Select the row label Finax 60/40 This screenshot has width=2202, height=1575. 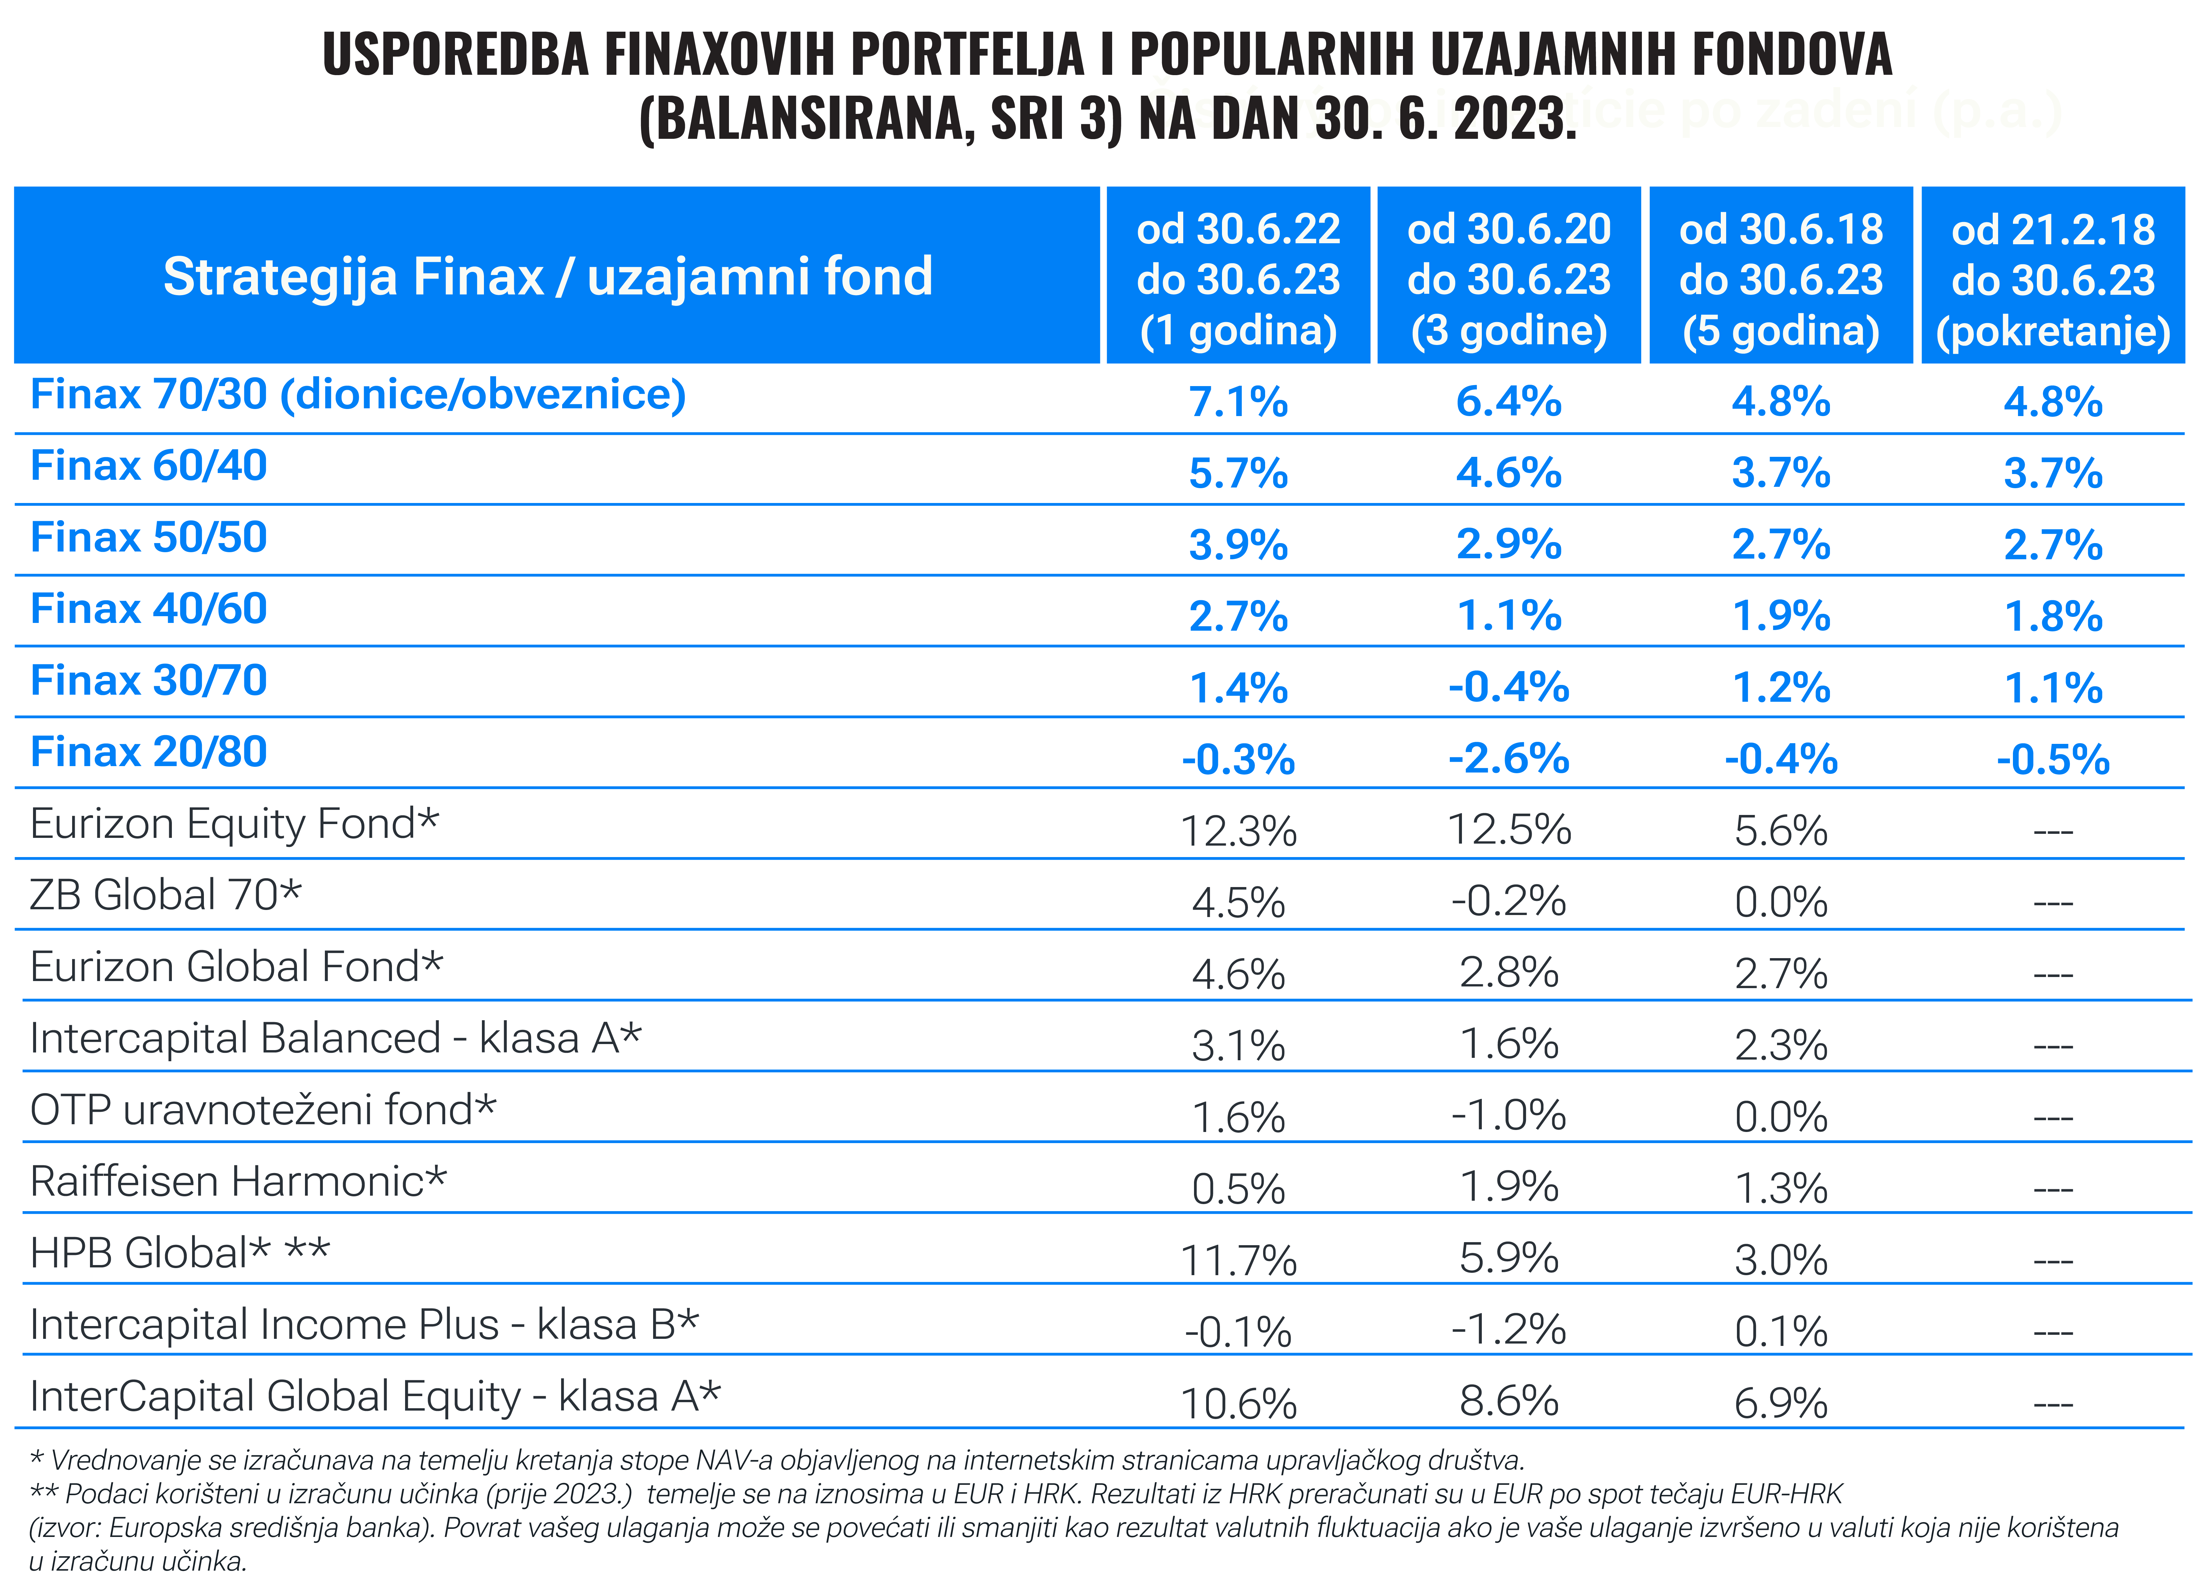point(148,467)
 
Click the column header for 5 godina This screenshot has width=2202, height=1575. point(1781,279)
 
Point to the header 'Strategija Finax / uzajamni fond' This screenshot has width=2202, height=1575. point(548,277)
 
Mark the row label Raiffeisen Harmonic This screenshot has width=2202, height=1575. point(238,1182)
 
